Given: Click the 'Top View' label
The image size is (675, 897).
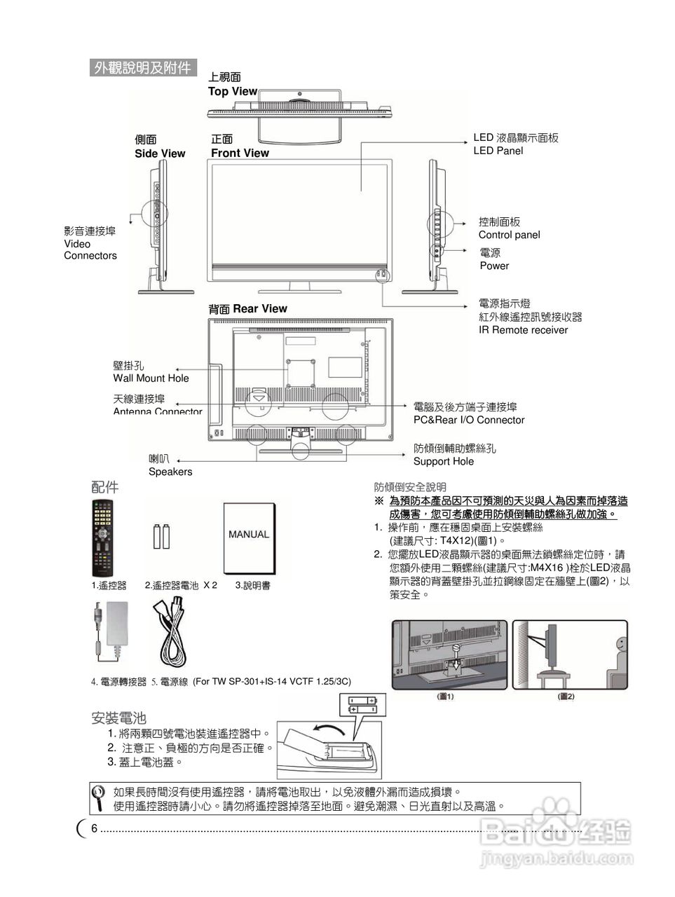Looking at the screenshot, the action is click(232, 91).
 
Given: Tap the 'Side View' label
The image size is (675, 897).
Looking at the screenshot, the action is click(160, 153).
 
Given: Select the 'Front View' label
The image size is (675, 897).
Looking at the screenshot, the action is click(240, 153).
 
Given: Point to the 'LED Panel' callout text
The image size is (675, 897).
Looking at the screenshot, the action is click(498, 151).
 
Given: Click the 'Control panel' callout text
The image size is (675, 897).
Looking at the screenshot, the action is click(509, 235).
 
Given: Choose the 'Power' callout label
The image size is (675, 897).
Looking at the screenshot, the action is click(494, 266).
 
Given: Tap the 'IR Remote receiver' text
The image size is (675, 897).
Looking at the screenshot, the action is click(523, 330).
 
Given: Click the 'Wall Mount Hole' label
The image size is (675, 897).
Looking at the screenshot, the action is click(151, 378).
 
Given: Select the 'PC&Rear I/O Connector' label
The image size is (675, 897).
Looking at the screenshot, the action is click(468, 420).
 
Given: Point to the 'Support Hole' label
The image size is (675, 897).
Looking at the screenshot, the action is click(443, 461).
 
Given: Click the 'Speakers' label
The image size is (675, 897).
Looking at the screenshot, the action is click(170, 472).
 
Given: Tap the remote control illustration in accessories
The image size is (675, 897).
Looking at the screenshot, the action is click(102, 537).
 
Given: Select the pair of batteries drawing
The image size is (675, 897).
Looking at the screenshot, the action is click(162, 536).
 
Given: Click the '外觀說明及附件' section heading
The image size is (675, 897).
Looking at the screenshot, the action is click(142, 67).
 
